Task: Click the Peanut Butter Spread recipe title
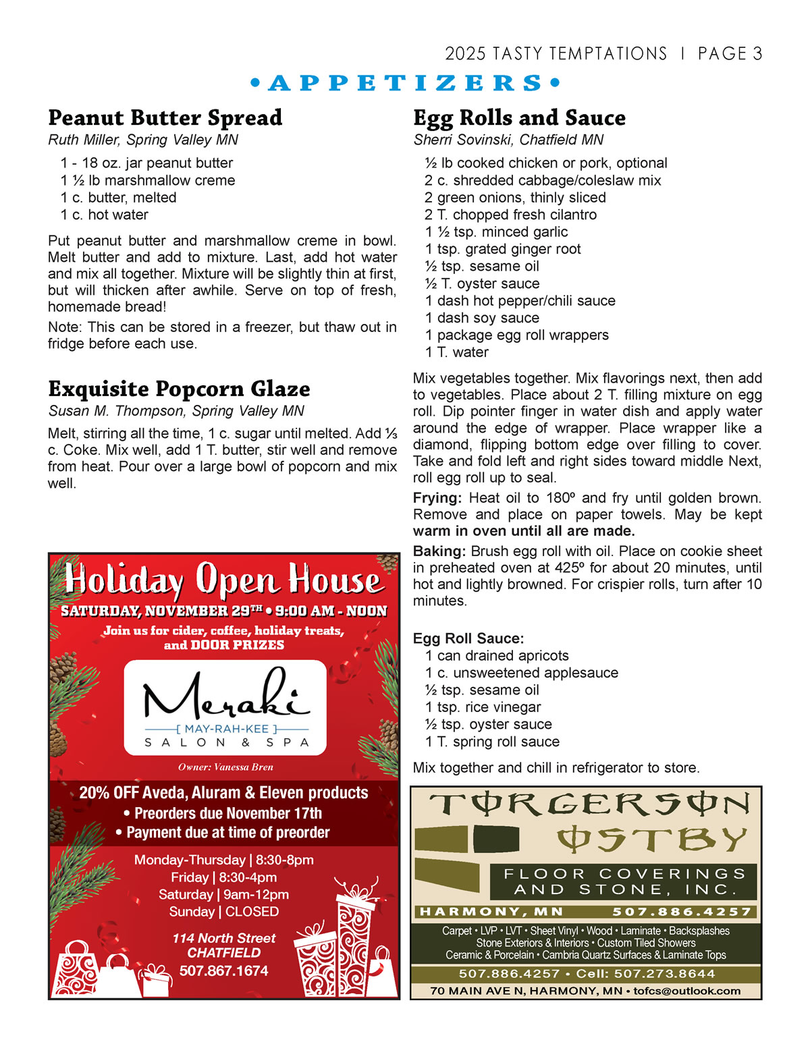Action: [x=165, y=118]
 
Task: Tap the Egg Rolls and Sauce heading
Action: [x=519, y=118]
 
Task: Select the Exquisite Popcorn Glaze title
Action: [x=179, y=389]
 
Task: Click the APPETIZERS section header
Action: [x=405, y=84]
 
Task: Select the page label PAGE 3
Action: [x=730, y=54]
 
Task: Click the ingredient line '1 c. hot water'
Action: [x=105, y=215]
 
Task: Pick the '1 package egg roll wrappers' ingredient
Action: [x=516, y=335]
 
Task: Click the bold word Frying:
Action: [x=437, y=498]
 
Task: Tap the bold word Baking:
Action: [x=439, y=551]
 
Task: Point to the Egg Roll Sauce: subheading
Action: [x=468, y=638]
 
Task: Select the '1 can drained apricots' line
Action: [x=497, y=656]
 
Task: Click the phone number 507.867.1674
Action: [x=223, y=971]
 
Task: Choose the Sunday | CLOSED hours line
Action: [x=223, y=912]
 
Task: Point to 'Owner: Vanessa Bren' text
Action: [x=225, y=767]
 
